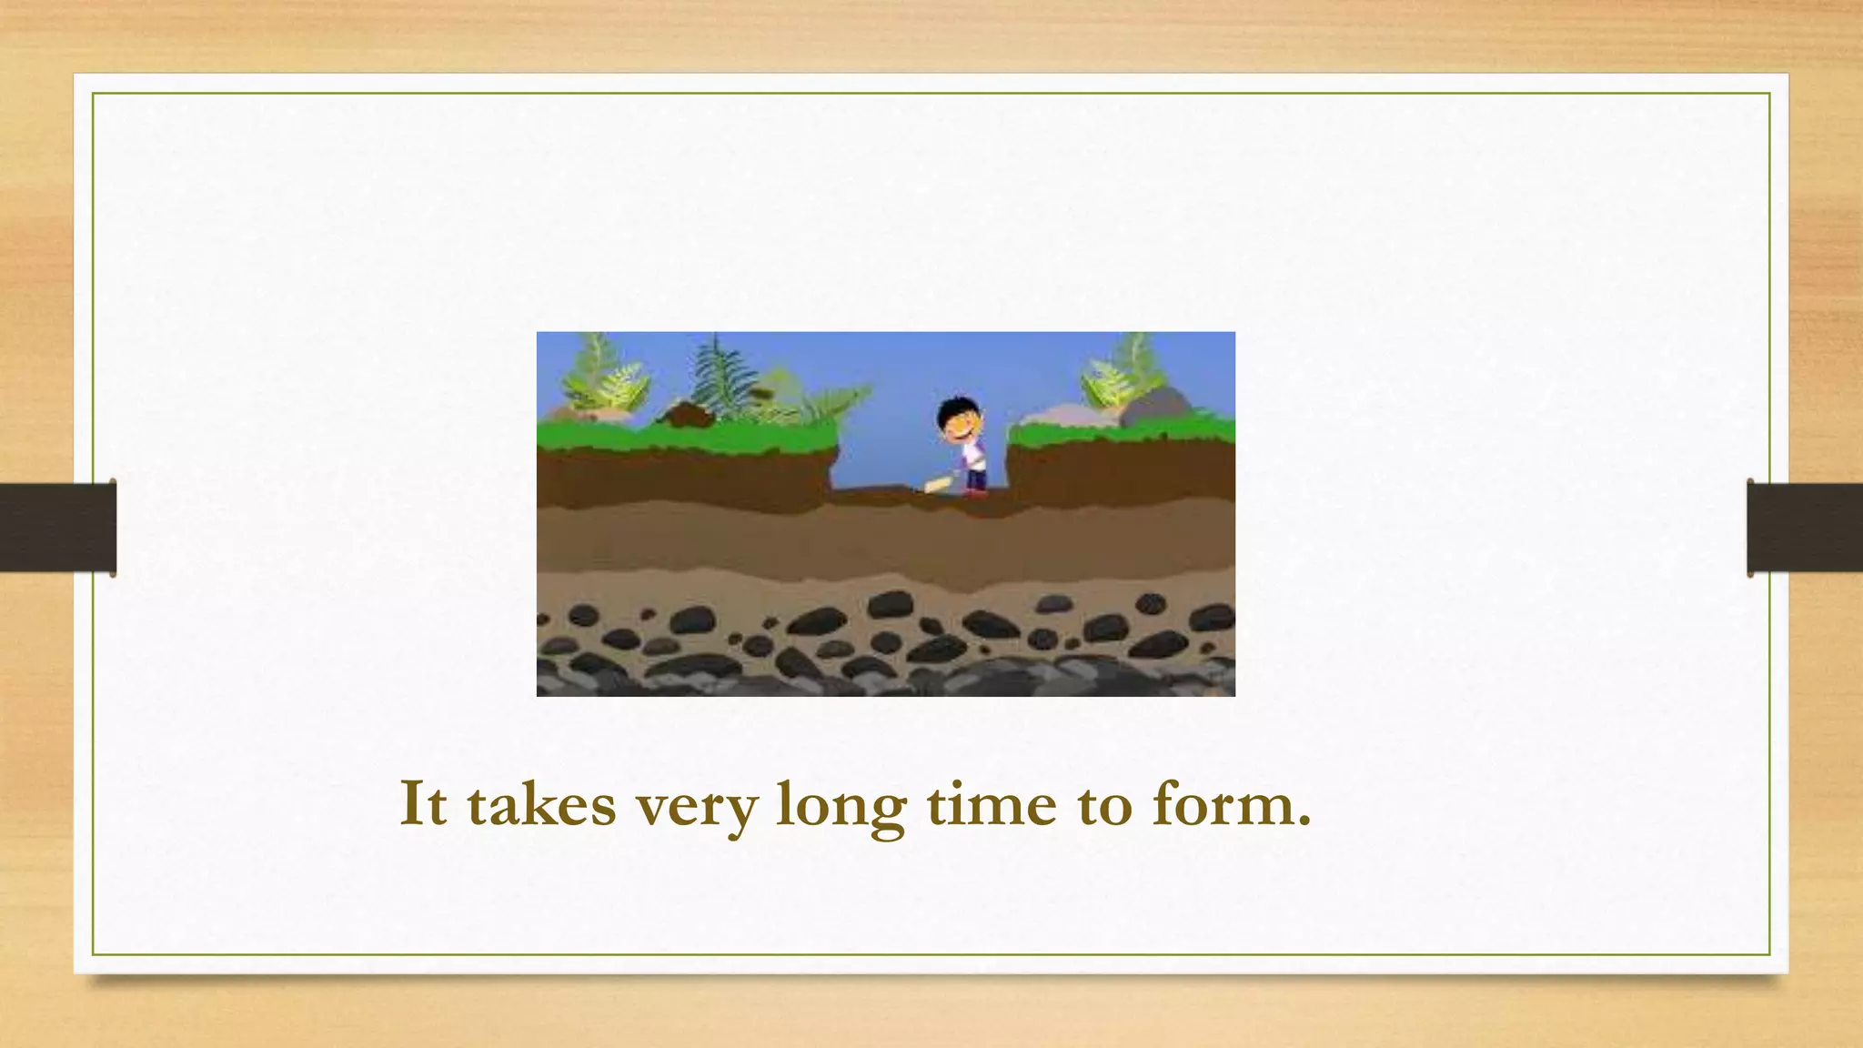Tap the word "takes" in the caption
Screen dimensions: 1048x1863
pyautogui.click(x=541, y=804)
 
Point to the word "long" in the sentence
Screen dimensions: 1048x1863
pyautogui.click(x=841, y=806)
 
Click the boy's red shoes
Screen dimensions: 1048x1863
pyautogui.click(x=976, y=492)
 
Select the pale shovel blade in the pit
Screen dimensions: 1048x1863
pyautogui.click(x=937, y=485)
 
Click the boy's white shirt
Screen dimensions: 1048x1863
pyautogui.click(x=975, y=451)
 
